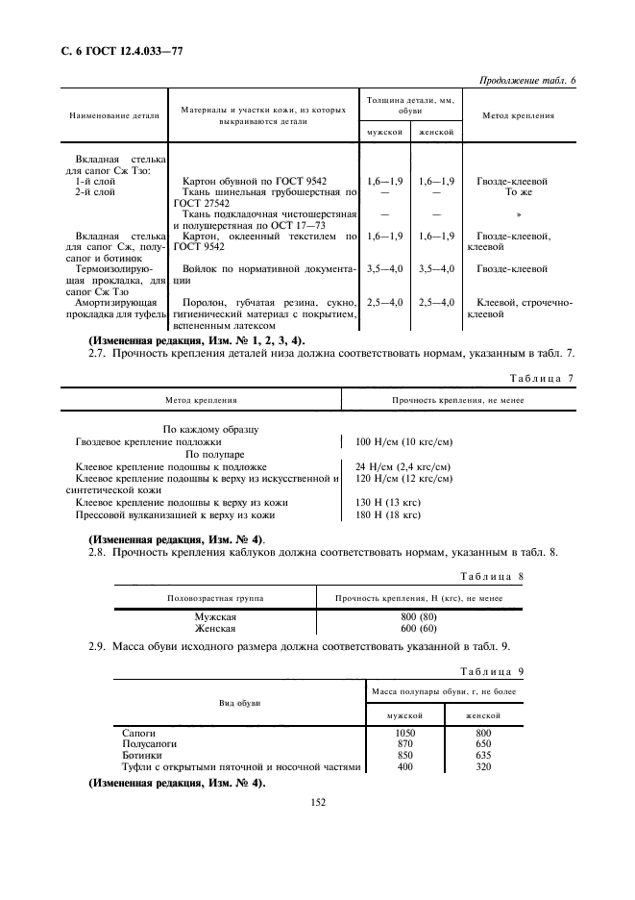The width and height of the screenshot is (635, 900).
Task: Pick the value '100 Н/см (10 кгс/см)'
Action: [x=403, y=441]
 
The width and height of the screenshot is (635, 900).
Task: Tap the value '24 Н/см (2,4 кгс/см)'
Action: [x=403, y=466]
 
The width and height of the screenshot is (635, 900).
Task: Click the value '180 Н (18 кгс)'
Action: [x=388, y=514]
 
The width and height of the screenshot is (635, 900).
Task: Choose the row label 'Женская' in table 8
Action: [x=215, y=628]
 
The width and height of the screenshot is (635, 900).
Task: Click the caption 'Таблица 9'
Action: [x=491, y=671]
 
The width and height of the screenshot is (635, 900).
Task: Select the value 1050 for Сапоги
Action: [x=404, y=733]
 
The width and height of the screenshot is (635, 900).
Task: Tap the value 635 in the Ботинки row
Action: [x=483, y=756]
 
